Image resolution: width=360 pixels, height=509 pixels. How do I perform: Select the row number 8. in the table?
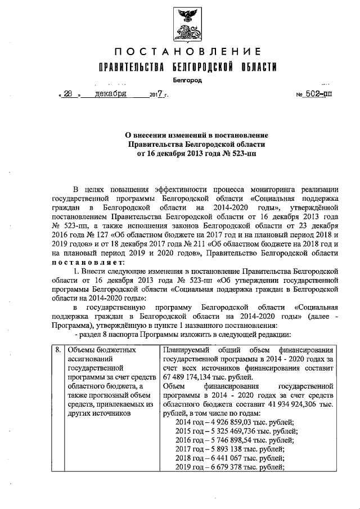pos(58,350)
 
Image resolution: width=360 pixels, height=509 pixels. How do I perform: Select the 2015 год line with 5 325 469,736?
pos(236,431)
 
